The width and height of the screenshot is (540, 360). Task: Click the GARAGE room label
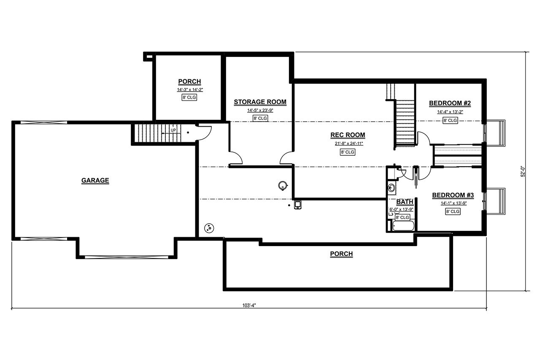[95, 181]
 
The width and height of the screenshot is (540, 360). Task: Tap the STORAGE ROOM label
[260, 102]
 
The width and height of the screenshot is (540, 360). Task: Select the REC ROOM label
[347, 135]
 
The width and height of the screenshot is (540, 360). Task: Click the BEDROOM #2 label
[450, 103]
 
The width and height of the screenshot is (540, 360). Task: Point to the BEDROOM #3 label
[453, 195]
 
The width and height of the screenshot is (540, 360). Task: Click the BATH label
[404, 202]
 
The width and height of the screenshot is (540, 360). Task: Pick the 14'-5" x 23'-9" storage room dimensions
[260, 111]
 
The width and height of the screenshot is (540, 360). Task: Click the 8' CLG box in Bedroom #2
[450, 121]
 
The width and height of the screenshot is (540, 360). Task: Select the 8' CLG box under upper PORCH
[189, 97]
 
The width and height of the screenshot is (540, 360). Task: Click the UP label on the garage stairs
[173, 130]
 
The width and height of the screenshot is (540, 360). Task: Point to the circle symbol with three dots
[208, 228]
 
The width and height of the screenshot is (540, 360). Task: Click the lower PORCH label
[341, 254]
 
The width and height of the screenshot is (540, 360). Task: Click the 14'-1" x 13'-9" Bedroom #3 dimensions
[453, 203]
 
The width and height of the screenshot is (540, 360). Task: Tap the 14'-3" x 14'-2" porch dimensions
[189, 89]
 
